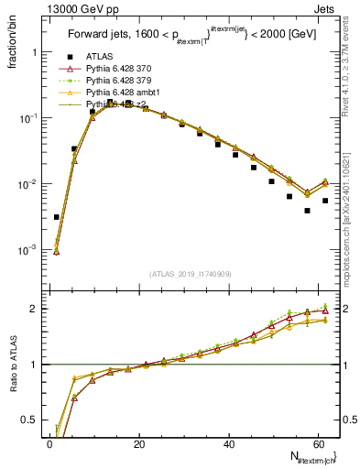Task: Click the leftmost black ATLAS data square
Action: click(57, 217)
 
